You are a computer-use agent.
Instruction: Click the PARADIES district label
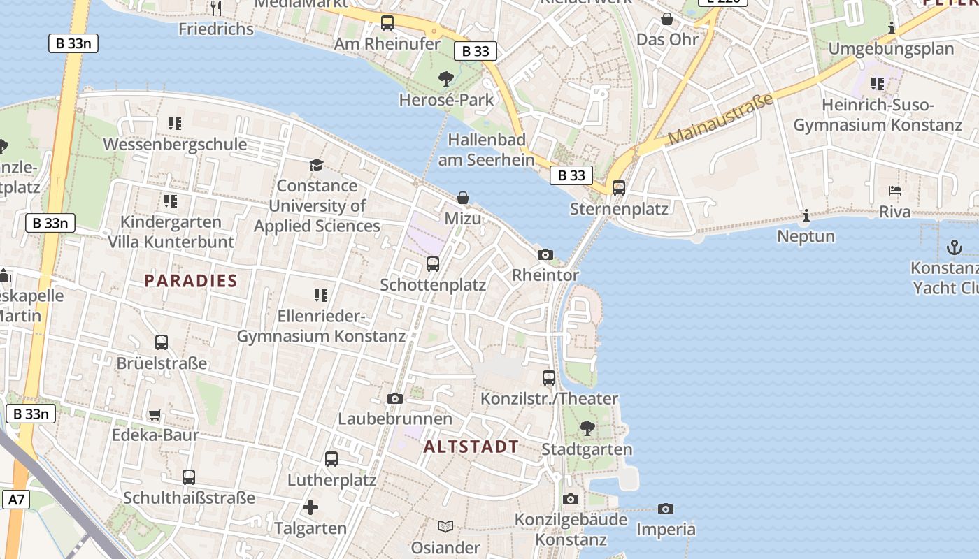point(191,281)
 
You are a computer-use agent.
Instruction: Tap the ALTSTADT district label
point(471,447)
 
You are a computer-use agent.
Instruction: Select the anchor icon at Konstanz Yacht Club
point(954,247)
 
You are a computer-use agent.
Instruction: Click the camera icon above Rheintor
point(545,255)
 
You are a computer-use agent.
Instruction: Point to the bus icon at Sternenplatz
point(619,187)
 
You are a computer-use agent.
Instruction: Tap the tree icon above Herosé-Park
point(445,78)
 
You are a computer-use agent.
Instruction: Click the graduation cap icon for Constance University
point(317,165)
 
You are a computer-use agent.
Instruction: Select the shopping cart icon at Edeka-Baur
point(155,414)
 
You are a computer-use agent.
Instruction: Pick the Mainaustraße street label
point(720,119)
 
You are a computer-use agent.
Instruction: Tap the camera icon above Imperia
point(666,509)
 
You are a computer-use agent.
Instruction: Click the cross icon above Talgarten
point(310,507)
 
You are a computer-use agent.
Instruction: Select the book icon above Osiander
point(445,526)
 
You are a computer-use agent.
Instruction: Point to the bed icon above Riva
point(895,191)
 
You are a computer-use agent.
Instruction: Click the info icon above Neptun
point(806,216)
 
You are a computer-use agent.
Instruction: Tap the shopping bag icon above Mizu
point(463,198)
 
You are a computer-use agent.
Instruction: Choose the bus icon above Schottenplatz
point(433,264)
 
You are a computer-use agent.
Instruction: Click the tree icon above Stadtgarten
point(587,428)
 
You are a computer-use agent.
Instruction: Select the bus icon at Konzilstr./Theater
point(549,378)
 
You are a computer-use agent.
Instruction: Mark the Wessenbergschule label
point(175,145)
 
